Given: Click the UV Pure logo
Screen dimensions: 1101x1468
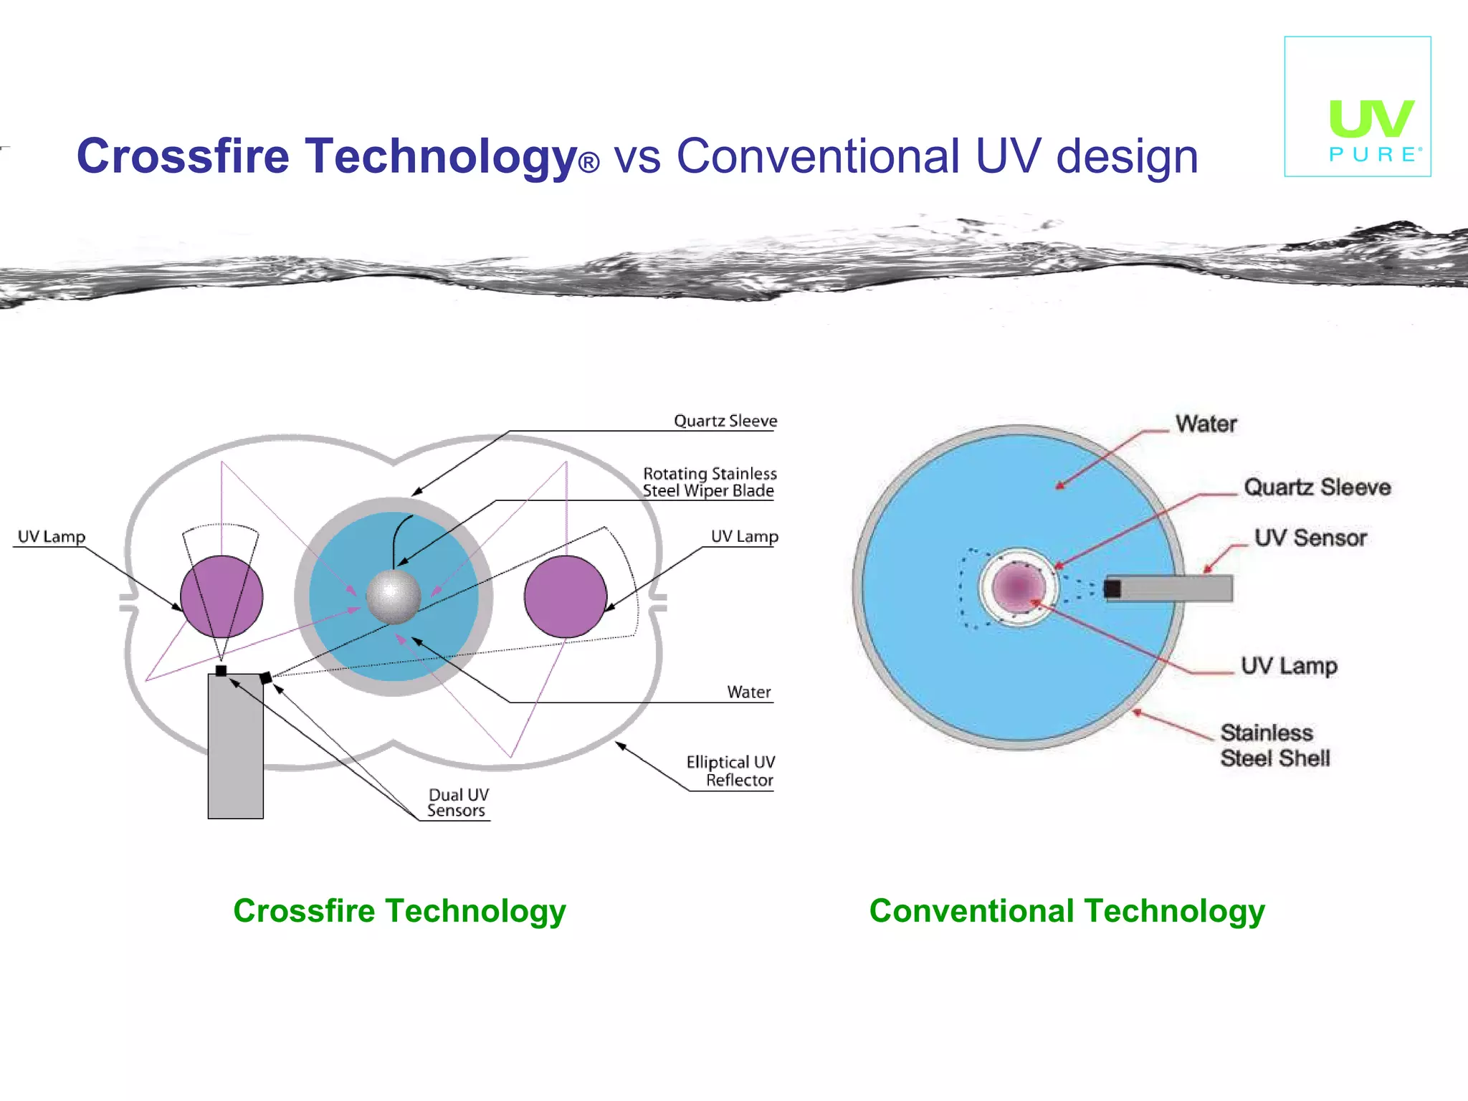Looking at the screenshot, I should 1358,107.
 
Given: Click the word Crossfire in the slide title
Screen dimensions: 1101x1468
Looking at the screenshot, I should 183,156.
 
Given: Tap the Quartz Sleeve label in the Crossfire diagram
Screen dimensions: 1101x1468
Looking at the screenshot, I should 725,421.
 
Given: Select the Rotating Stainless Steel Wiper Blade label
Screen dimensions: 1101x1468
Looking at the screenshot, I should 710,482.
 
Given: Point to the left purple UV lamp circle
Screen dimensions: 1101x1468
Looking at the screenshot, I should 221,596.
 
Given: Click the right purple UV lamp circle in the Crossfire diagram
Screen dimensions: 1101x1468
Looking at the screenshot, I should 566,596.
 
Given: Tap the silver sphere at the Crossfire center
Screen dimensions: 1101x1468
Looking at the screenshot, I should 393,596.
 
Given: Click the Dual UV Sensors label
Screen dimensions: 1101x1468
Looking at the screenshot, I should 458,803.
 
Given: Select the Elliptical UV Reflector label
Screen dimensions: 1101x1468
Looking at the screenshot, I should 731,771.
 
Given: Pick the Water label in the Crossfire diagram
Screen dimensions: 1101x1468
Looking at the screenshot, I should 749,692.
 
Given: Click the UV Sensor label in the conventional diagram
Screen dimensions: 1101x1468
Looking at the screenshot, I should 1310,538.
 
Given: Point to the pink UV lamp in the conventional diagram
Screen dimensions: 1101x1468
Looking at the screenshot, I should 1018,587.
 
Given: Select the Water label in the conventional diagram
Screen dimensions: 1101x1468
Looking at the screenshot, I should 1206,424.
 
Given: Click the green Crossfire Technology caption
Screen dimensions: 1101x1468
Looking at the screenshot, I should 399,911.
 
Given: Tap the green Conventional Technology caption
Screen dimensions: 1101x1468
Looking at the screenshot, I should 1067,911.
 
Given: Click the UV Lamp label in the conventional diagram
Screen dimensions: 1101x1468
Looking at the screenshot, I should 1289,666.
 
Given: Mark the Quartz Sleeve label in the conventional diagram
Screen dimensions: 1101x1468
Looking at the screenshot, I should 1317,487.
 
